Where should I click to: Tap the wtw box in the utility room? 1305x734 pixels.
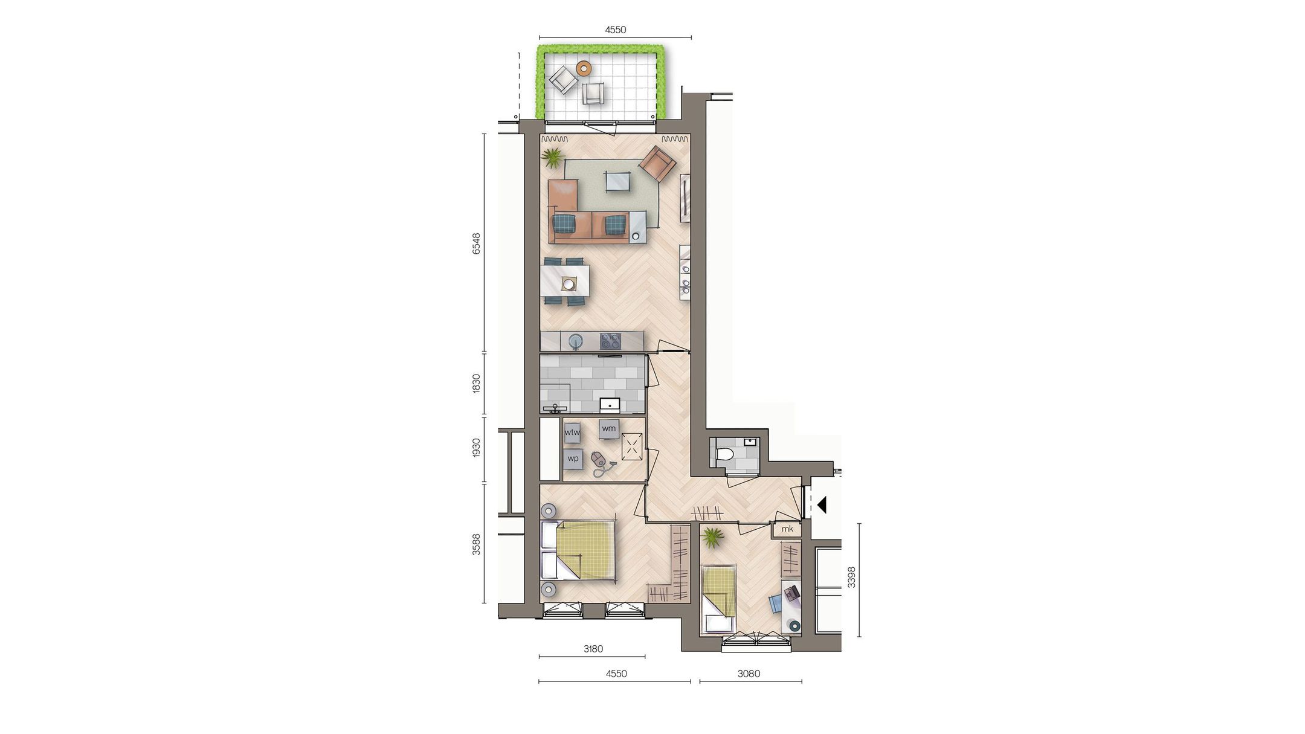pyautogui.click(x=572, y=433)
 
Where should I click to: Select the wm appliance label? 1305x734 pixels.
pyautogui.click(x=608, y=429)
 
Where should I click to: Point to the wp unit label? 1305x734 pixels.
pyautogui.click(x=573, y=459)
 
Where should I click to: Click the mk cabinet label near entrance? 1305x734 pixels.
pyautogui.click(x=787, y=529)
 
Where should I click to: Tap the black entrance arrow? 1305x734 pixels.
pyautogui.click(x=821, y=504)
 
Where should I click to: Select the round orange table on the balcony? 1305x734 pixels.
pyautogui.click(x=584, y=68)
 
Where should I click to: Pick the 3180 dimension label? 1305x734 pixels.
pyautogui.click(x=593, y=649)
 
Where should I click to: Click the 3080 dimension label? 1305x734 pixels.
pyautogui.click(x=749, y=674)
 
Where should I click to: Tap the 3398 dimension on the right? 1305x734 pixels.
pyautogui.click(x=851, y=577)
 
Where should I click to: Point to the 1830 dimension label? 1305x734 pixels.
pyautogui.click(x=476, y=384)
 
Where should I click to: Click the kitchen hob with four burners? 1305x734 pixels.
pyautogui.click(x=610, y=341)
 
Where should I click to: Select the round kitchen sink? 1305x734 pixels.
pyautogui.click(x=576, y=341)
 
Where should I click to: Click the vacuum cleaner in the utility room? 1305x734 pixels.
pyautogui.click(x=600, y=462)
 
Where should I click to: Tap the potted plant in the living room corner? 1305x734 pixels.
pyautogui.click(x=553, y=158)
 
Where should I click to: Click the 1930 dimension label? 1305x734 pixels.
pyautogui.click(x=476, y=448)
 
